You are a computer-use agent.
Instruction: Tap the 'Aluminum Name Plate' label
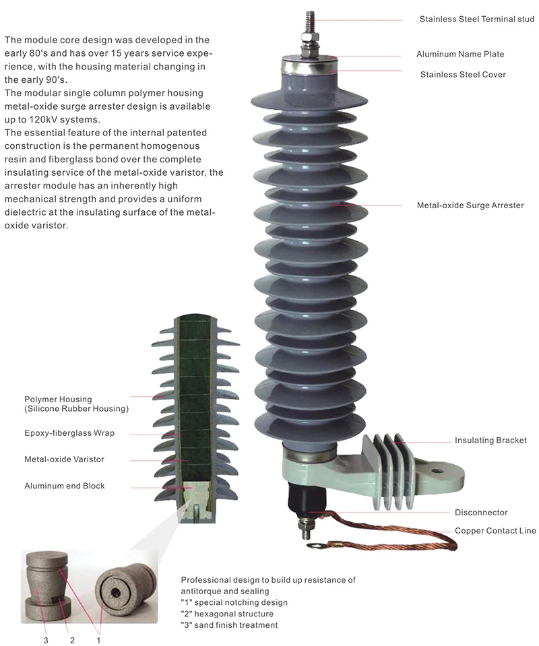click(x=459, y=54)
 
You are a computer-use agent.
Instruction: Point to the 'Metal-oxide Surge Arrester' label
click(x=470, y=205)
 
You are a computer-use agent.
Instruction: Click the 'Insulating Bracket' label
click(x=490, y=441)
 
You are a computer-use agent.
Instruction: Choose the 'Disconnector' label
click(x=481, y=512)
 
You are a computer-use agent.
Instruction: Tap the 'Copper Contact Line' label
click(x=495, y=531)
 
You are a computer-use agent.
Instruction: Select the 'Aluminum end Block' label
click(x=65, y=486)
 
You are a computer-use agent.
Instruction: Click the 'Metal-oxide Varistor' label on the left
click(x=64, y=459)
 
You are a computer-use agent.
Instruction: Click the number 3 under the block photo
click(x=46, y=640)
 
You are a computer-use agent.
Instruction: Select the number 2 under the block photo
click(x=72, y=640)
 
